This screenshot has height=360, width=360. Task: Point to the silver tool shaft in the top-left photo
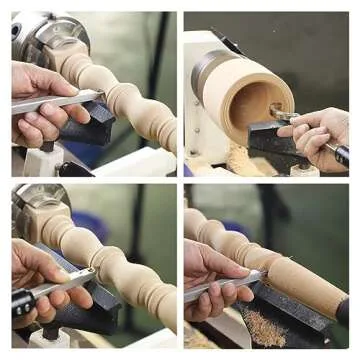pyautogui.click(x=50, y=102)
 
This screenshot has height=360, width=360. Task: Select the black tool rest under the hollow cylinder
pyautogui.click(x=268, y=140)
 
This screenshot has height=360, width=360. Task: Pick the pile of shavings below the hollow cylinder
pyautogui.click(x=240, y=160)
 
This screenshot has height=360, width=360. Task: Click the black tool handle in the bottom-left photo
pyautogui.click(x=22, y=300)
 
